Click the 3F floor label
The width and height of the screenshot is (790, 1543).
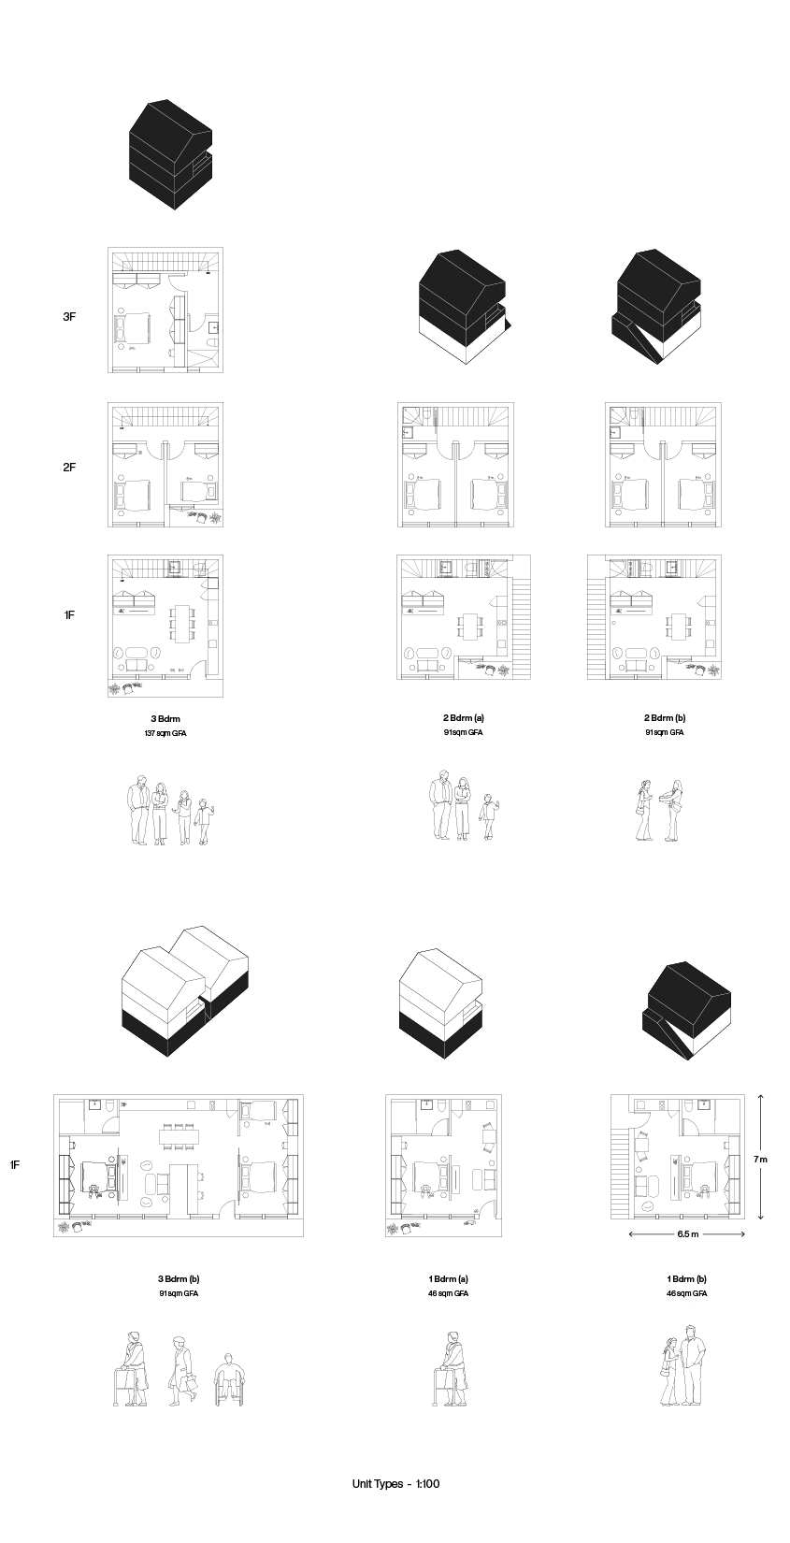69,317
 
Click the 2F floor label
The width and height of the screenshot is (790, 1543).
69,467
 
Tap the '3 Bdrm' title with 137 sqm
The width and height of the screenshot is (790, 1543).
165,718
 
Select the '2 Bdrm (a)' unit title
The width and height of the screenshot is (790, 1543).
463,718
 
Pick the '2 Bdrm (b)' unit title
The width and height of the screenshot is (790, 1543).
665,718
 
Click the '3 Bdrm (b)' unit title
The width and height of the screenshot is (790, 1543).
179,1279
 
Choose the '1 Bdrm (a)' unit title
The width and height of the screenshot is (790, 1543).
448,1279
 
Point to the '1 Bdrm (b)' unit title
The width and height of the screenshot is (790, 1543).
686,1279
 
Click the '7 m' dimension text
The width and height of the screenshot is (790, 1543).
760,1160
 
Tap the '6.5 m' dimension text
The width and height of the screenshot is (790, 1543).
687,1233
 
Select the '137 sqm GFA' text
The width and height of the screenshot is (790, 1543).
165,733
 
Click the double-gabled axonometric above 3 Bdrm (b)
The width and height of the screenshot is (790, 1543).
184,992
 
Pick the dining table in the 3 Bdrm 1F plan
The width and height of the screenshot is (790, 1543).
181,624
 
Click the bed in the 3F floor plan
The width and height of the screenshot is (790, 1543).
134,328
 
